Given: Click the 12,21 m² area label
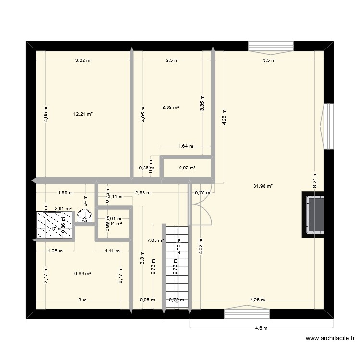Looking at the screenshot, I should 83,114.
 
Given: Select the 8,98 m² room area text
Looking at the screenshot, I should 171,108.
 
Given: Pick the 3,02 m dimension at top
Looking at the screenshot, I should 83,60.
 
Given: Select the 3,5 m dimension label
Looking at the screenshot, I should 269,60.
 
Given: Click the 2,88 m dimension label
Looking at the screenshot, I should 143,193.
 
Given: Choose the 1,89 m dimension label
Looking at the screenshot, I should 65,193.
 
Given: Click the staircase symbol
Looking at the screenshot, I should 176,266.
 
